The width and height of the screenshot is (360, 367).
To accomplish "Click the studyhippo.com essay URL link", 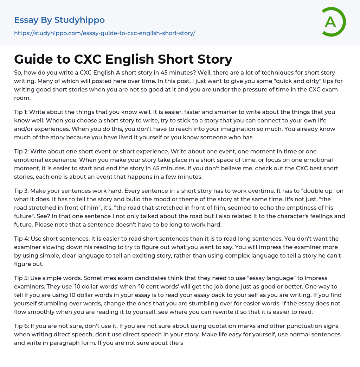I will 104,33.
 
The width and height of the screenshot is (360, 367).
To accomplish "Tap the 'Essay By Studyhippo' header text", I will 59,20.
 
